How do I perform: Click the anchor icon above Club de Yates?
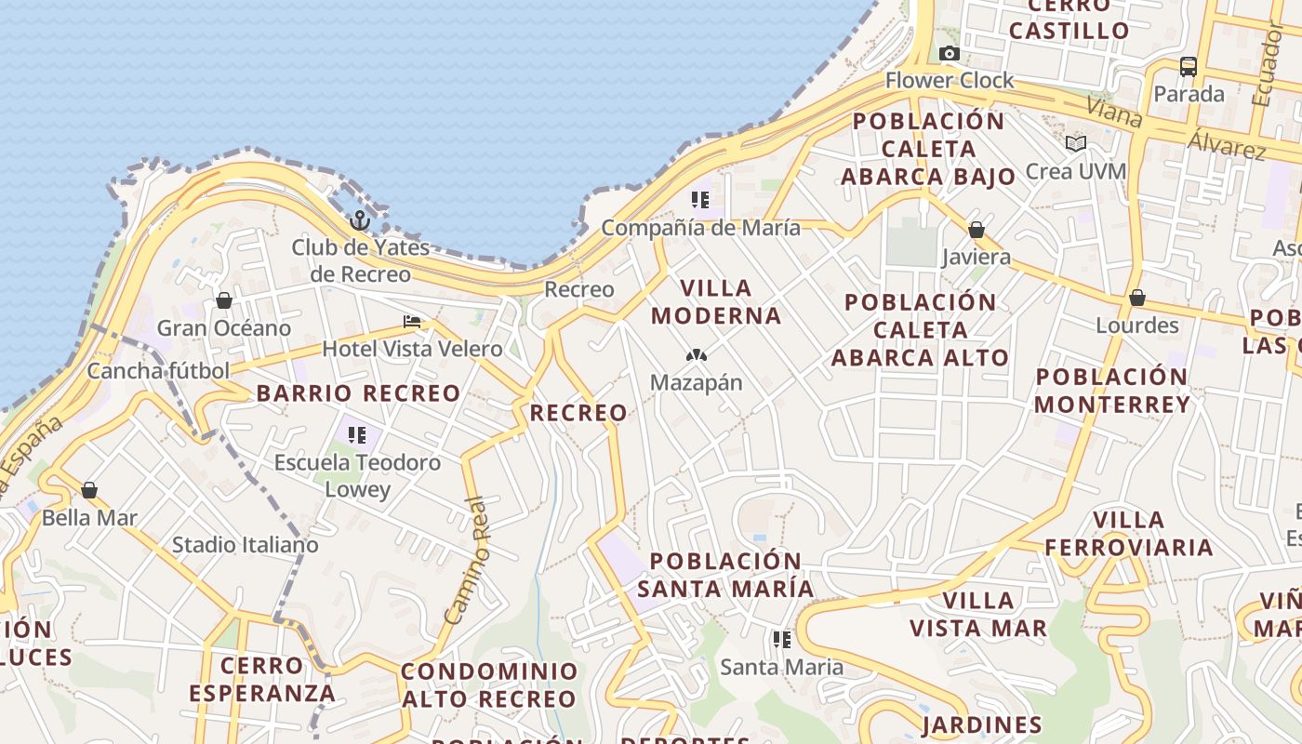click(x=360, y=220)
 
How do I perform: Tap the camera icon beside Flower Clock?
click(x=950, y=53)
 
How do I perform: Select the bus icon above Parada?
click(x=1189, y=66)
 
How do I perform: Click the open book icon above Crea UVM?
click(x=1076, y=144)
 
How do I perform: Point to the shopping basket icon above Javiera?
click(x=976, y=230)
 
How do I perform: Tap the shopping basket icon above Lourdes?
click(x=1136, y=299)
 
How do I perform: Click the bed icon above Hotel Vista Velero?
click(x=412, y=322)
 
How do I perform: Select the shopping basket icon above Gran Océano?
click(x=223, y=300)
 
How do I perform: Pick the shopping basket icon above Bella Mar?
click(x=89, y=490)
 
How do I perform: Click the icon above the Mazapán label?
click(x=696, y=355)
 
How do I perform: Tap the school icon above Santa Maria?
click(x=782, y=640)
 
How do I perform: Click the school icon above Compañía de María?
click(x=700, y=199)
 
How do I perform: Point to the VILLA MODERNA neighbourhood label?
click(x=716, y=301)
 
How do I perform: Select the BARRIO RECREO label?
click(x=358, y=393)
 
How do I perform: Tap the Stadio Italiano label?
click(x=246, y=544)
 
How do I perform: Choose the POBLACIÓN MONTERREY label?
click(x=1111, y=391)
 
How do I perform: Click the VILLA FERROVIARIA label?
click(x=1129, y=533)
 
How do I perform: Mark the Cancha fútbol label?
click(x=158, y=370)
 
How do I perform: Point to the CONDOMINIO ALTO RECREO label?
click(x=489, y=684)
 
